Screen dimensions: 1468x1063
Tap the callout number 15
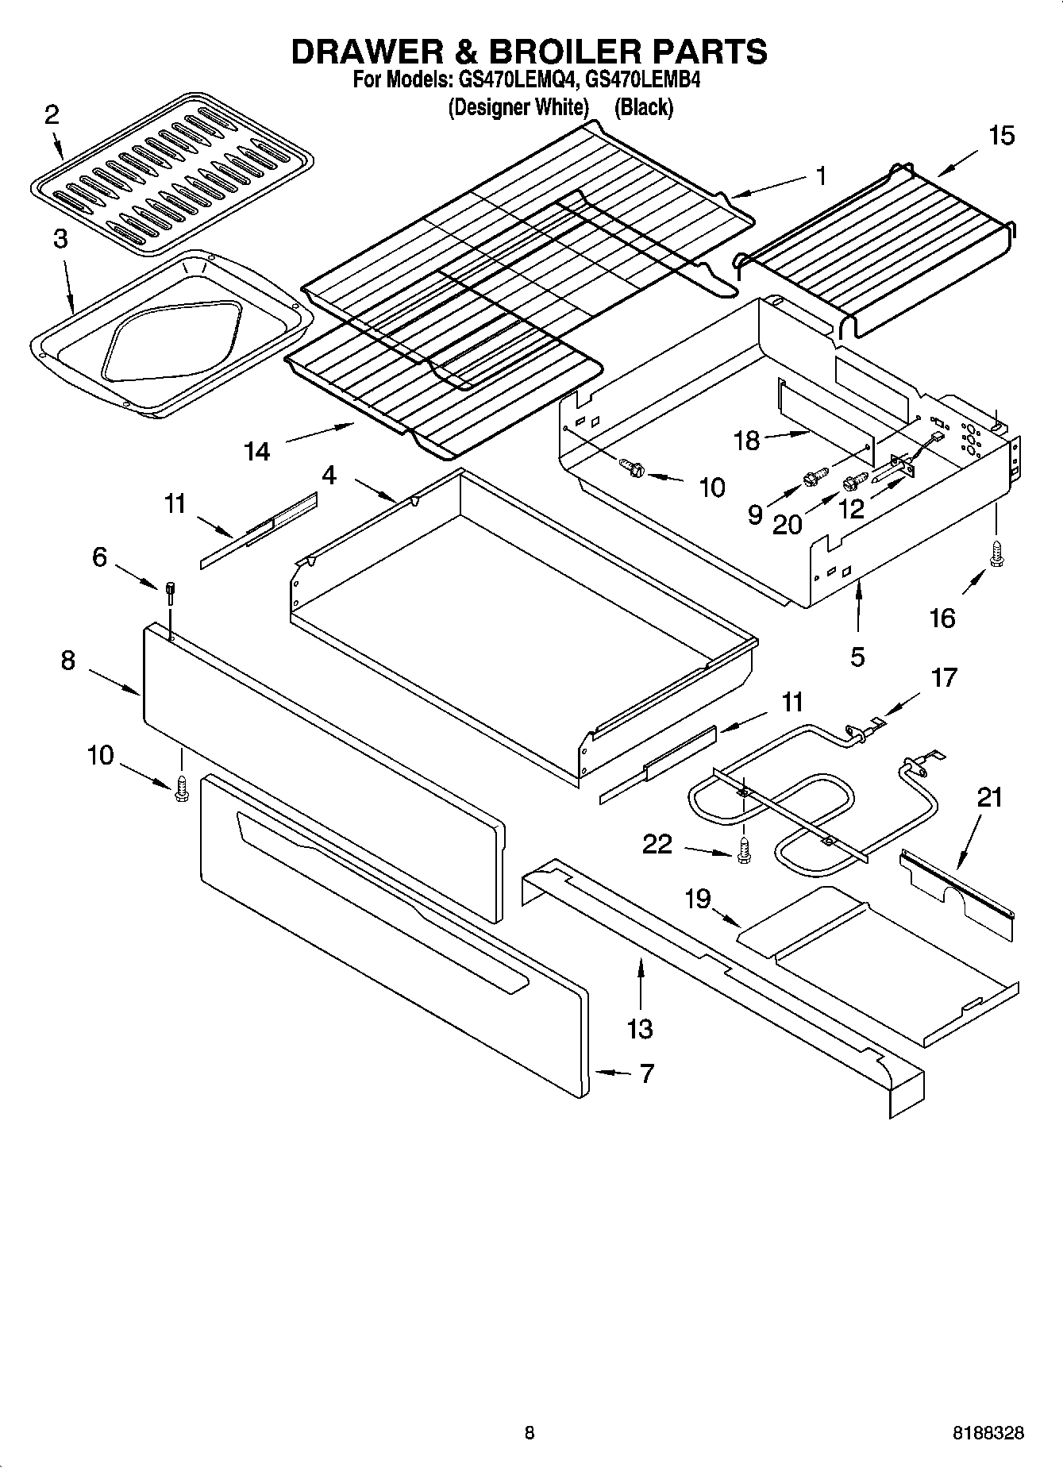pos(1001,136)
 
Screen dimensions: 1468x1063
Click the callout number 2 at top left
pos(52,116)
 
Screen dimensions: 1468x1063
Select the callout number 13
pos(640,1029)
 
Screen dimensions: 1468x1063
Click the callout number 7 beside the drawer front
pos(646,1073)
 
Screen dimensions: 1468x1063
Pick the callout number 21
pos(989,797)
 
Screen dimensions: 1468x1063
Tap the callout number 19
pos(698,899)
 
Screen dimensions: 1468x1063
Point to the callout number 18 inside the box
pos(747,441)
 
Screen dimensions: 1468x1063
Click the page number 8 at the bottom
pos(530,1433)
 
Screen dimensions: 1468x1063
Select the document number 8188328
pos(988,1433)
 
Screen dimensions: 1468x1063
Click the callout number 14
pos(257,452)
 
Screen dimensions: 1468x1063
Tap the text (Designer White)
pos(518,107)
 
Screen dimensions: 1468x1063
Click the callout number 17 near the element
pos(944,677)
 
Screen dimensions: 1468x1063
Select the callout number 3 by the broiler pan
pos(61,239)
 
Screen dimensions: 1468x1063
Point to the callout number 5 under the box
pos(857,657)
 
